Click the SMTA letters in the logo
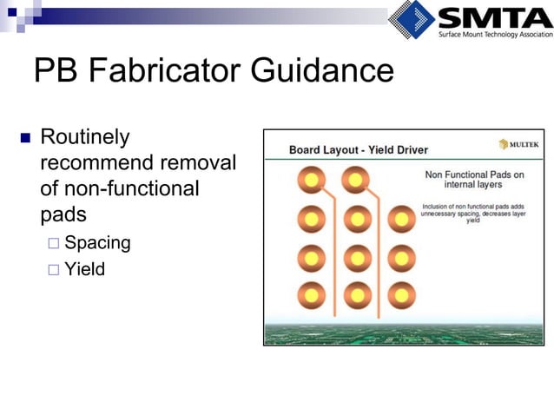pyautogui.click(x=493, y=17)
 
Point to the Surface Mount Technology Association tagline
pyautogui.click(x=493, y=35)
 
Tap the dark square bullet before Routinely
pyautogui.click(x=23, y=138)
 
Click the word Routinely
pyautogui.click(x=85, y=137)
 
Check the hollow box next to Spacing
pyautogui.click(x=54, y=244)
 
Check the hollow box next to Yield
pyautogui.click(x=54, y=270)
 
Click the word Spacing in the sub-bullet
pyautogui.click(x=97, y=243)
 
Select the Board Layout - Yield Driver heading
pyautogui.click(x=358, y=149)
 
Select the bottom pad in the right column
pyautogui.click(x=401, y=295)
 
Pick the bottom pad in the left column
pyautogui.click(x=310, y=295)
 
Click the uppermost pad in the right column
pyautogui.click(x=401, y=220)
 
